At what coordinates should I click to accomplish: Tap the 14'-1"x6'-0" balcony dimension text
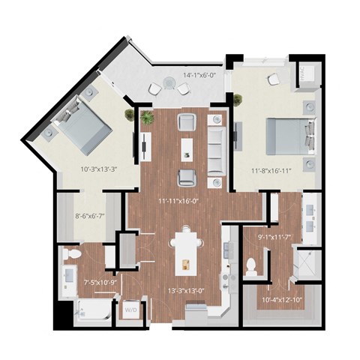[x=199, y=75]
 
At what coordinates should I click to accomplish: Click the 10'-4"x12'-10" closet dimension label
[x=281, y=300]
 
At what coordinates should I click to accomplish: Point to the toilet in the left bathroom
[x=72, y=257]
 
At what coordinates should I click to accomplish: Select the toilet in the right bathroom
[x=252, y=265]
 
